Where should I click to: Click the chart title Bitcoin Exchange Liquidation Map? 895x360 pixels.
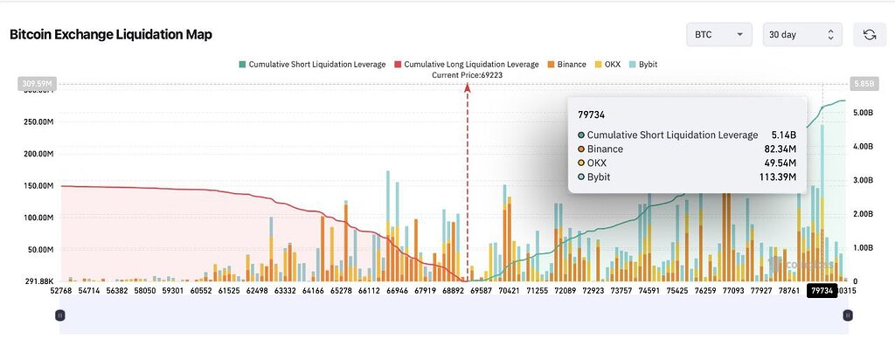click(x=111, y=34)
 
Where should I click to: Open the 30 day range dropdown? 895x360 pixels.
click(x=801, y=34)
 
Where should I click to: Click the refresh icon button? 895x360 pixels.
click(x=869, y=34)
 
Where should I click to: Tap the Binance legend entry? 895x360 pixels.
click(x=565, y=64)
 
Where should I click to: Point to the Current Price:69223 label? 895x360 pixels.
click(x=467, y=75)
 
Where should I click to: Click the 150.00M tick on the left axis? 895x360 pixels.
click(x=38, y=186)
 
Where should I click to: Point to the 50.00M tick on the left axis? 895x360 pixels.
click(x=39, y=250)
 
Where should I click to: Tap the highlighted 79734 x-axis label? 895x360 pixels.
click(x=822, y=291)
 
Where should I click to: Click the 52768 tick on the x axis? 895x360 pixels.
click(x=61, y=291)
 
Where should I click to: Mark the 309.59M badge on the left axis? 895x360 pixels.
click(x=35, y=84)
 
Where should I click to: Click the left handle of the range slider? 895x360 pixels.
click(x=59, y=315)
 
